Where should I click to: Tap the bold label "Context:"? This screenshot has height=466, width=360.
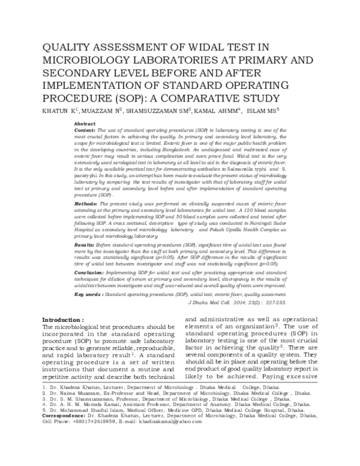[84, 130]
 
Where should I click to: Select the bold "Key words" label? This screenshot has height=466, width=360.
[88, 295]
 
